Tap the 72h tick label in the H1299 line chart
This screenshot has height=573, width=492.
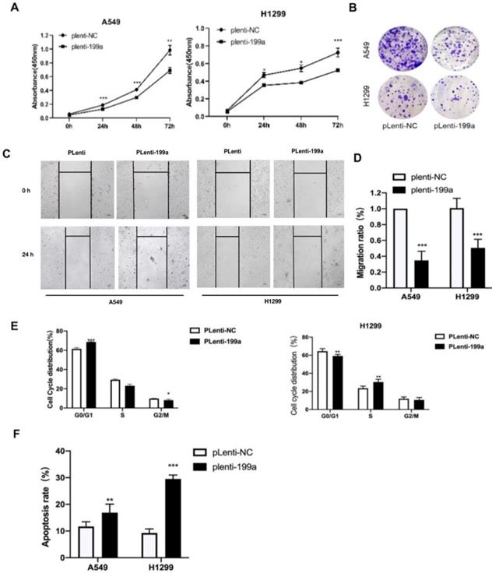click(336, 124)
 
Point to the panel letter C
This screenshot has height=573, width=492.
click(7, 153)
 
